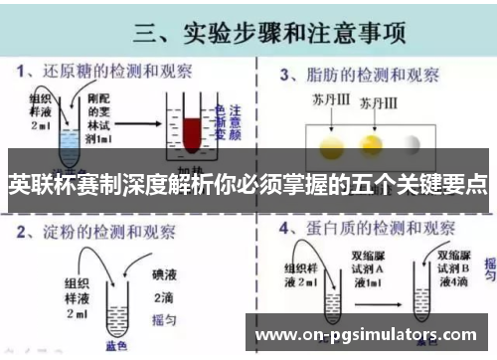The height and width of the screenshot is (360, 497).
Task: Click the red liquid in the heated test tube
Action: pyautogui.click(x=189, y=131)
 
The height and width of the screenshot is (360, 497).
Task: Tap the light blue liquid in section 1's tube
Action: pyautogui.click(x=68, y=149)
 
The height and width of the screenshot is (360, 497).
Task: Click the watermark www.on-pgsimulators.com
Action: pyautogui.click(x=367, y=334)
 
